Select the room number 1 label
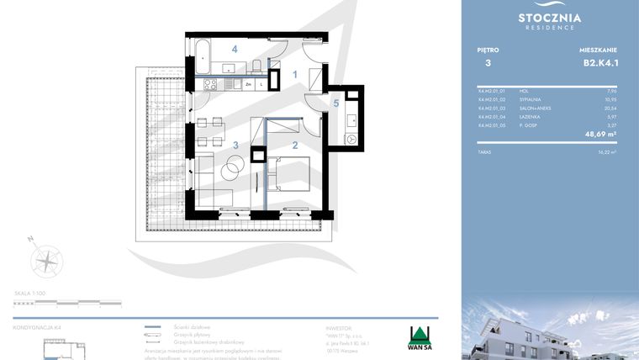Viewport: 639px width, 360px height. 295,75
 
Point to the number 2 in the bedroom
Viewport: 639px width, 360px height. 294,145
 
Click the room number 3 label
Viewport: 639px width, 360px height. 236,145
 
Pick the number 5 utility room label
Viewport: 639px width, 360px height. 335,103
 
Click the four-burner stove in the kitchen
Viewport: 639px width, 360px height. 210,83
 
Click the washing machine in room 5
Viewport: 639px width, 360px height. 351,138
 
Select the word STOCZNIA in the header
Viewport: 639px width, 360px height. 550,17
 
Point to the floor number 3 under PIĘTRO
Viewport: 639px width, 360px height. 488,62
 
